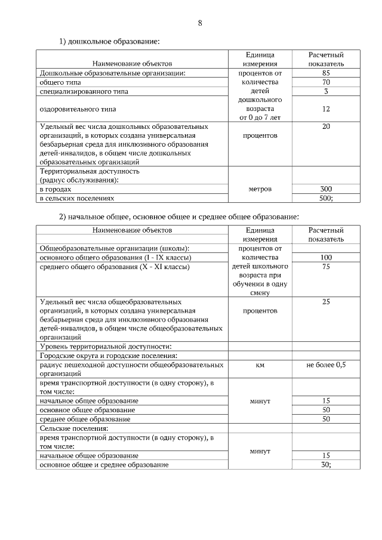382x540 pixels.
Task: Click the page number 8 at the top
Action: click(x=200, y=23)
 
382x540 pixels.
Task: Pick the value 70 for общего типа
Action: click(x=326, y=82)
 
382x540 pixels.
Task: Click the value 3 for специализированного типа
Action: click(x=326, y=91)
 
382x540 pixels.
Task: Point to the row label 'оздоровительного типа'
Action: click(x=78, y=109)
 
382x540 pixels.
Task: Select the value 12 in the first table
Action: click(x=326, y=109)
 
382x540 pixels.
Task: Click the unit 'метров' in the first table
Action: click(x=259, y=189)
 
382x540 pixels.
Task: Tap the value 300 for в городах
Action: click(x=326, y=189)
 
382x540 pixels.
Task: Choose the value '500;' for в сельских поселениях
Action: click(x=326, y=198)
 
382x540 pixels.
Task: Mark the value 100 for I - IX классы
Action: click(x=326, y=257)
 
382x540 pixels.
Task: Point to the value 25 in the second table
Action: click(x=326, y=302)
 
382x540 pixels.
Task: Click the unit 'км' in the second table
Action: click(x=259, y=365)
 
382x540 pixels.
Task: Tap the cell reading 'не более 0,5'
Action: click(x=326, y=365)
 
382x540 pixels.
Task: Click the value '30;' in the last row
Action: click(x=326, y=464)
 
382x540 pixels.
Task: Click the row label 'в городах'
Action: click(x=55, y=189)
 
